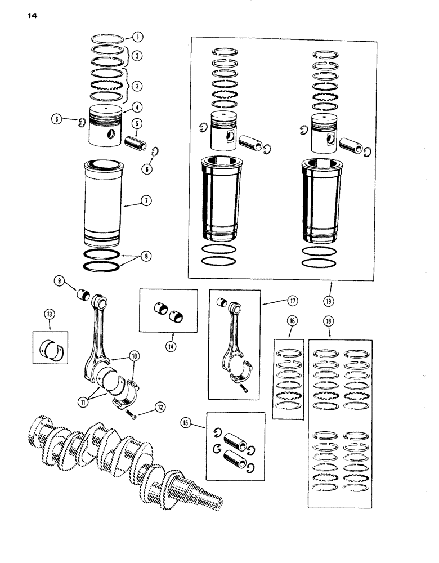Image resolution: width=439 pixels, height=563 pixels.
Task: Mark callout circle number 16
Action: (292, 320)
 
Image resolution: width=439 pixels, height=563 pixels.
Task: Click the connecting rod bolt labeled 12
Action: (131, 417)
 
